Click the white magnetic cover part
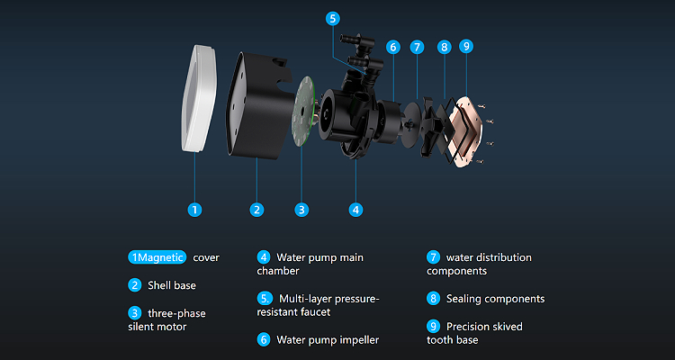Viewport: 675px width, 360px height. tap(198, 98)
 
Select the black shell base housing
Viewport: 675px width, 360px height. tap(258, 105)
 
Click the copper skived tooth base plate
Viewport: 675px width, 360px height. tap(464, 131)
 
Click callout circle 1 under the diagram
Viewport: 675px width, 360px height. tap(194, 210)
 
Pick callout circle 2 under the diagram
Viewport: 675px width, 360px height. tap(256, 210)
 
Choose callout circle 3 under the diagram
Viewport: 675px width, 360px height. tap(301, 210)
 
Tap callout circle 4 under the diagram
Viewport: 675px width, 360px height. tap(355, 210)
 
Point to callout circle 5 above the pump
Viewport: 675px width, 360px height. tap(332, 19)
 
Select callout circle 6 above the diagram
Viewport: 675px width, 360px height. tap(392, 47)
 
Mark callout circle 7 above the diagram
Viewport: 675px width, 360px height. tap(417, 47)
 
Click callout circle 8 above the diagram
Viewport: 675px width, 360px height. tap(444, 47)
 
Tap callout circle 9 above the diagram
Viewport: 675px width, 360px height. tap(466, 46)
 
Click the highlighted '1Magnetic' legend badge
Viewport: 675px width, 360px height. tap(157, 257)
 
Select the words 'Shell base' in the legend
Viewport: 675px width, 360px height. tap(172, 285)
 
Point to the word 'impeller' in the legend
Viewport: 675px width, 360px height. tap(359, 340)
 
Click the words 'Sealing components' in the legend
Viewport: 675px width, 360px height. tap(496, 299)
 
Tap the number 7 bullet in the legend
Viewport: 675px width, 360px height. tap(433, 257)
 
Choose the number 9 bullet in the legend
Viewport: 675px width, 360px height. tap(433, 326)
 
